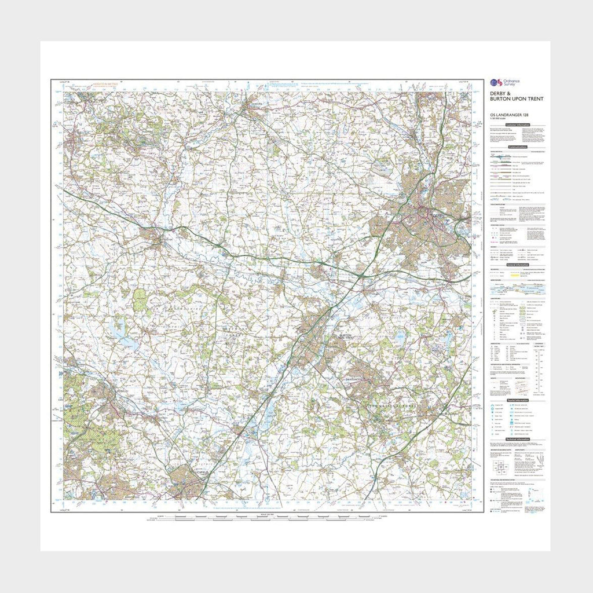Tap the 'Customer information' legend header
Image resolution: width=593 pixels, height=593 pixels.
click(x=517, y=125)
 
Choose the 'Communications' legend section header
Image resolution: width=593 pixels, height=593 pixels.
click(x=517, y=147)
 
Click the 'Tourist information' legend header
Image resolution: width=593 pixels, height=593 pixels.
click(x=517, y=400)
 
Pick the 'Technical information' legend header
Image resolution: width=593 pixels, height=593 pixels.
click(x=517, y=441)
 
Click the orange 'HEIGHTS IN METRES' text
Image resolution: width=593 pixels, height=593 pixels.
click(x=105, y=84)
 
